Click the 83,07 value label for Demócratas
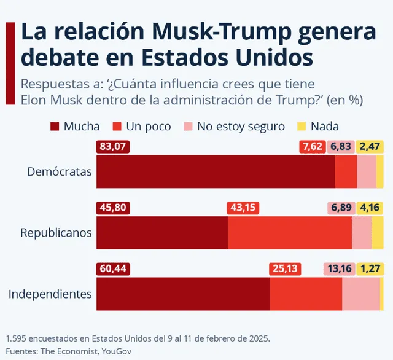click(x=113, y=146)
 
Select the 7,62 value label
click(x=311, y=146)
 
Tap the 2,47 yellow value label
click(x=370, y=146)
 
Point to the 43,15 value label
click(x=243, y=208)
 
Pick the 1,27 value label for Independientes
click(x=370, y=268)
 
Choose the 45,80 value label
click(x=113, y=208)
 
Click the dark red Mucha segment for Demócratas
click(x=216, y=171)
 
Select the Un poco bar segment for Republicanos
click(x=290, y=233)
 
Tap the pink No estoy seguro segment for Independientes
click(x=360, y=294)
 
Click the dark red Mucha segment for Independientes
click(x=183, y=294)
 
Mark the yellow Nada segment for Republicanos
click(x=378, y=233)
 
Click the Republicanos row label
click(x=56, y=233)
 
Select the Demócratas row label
click(x=59, y=171)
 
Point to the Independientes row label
click(x=50, y=294)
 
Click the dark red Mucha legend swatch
click(x=55, y=127)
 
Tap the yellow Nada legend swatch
click(x=301, y=127)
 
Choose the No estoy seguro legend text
click(x=241, y=127)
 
